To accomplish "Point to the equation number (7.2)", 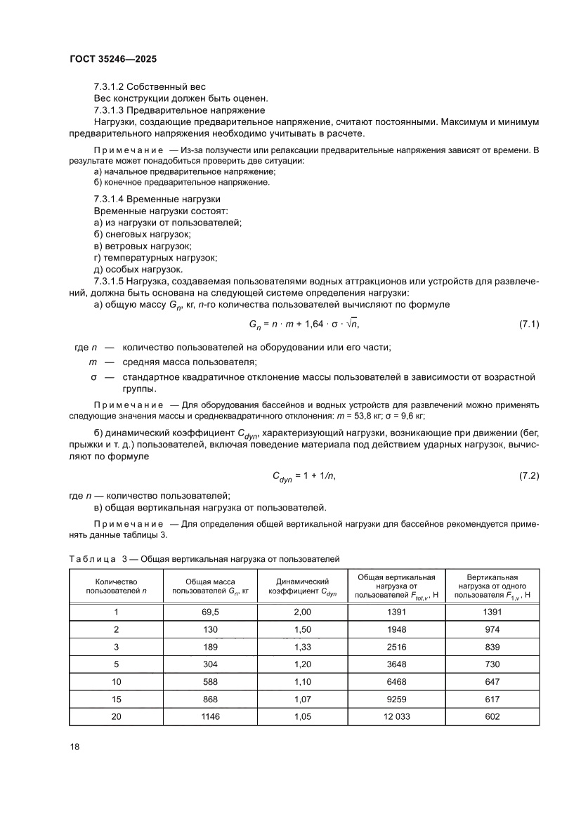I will pos(528,476).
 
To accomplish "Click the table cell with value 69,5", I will pos(211,612).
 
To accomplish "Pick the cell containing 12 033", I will pos(397,716).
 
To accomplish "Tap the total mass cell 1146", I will pos(211,716).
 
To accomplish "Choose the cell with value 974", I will pos(492,629).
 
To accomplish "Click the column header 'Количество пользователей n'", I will pos(116,586).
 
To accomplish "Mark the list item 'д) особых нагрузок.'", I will pos(138,269).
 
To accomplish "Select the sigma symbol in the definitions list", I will pos(93,378).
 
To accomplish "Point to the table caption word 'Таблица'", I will pos(91,559).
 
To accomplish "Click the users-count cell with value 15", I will pos(116,699).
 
